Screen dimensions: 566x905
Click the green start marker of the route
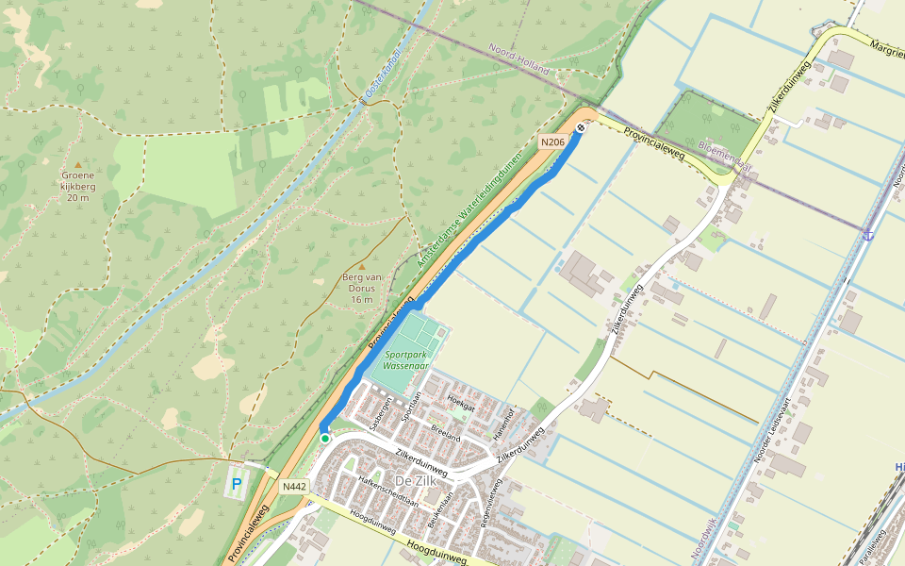pos(325,439)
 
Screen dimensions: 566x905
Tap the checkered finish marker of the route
pos(581,127)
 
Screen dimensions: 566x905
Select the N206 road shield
pos(552,142)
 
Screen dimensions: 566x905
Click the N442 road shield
pos(294,487)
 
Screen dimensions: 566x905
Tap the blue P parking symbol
pos(237,485)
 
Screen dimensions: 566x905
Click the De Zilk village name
pos(414,481)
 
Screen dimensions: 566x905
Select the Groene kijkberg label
pos(78,186)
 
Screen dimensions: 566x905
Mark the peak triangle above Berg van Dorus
pos(361,266)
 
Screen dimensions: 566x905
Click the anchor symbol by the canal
pos(867,233)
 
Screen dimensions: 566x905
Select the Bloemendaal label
pos(725,158)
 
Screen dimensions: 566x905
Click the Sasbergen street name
pos(380,416)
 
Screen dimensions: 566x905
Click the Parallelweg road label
pos(873,545)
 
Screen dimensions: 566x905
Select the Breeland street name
pos(446,431)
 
